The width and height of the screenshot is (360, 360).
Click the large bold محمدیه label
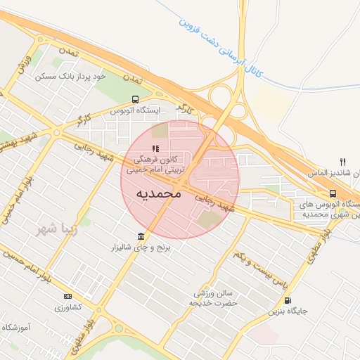tap(158, 193)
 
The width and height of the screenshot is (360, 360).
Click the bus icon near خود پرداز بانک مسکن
tap(136, 99)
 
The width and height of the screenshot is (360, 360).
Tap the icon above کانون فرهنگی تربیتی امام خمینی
tap(155, 148)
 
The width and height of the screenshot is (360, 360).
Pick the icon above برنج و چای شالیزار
tap(141, 236)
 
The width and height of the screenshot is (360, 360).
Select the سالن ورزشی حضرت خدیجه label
tap(214, 298)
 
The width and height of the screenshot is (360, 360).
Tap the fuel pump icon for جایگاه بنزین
tap(288, 299)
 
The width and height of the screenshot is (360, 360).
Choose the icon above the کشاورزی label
tap(67, 296)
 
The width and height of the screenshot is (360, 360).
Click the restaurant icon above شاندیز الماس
tap(342, 161)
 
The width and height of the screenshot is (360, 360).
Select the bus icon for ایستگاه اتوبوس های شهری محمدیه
tap(332, 193)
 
